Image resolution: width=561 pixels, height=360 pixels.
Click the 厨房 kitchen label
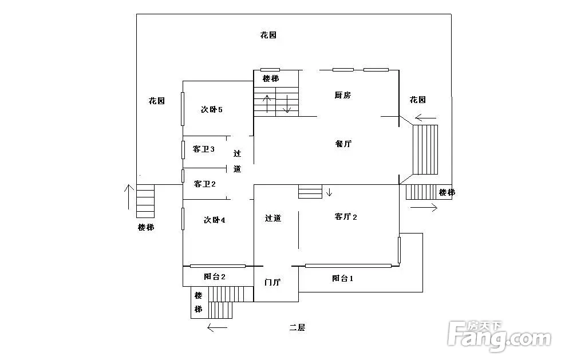[x=342, y=96]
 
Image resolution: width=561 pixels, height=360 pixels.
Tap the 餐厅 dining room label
[x=343, y=144]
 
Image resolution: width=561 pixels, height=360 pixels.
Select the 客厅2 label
[x=346, y=217]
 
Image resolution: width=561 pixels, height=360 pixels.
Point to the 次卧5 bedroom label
[x=211, y=109]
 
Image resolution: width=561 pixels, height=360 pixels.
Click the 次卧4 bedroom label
[x=214, y=220]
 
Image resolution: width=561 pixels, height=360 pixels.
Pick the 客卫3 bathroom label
[x=204, y=149]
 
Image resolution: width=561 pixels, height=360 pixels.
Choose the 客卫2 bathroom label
[x=204, y=184]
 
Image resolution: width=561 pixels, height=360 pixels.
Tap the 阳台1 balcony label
[x=342, y=279]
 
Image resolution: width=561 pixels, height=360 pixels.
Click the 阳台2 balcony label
[x=215, y=276]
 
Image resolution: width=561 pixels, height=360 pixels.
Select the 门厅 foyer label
[x=272, y=283]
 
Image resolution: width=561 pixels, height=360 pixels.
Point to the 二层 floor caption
[x=297, y=327]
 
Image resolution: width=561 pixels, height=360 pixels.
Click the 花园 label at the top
[x=268, y=35]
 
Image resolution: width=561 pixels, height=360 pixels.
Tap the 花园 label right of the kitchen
[x=417, y=100]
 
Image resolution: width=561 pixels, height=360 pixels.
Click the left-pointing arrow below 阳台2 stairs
[x=217, y=328]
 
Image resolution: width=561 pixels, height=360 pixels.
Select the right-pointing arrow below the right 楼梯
[x=424, y=208]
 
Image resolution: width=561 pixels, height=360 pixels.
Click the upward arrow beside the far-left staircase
[x=127, y=197]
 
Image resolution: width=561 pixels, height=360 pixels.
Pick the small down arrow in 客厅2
[x=329, y=192]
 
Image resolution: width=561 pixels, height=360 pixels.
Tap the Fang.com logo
[x=500, y=337]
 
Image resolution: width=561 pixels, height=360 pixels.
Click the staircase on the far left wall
[x=145, y=201]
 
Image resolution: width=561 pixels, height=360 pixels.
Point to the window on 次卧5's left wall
[x=183, y=108]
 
